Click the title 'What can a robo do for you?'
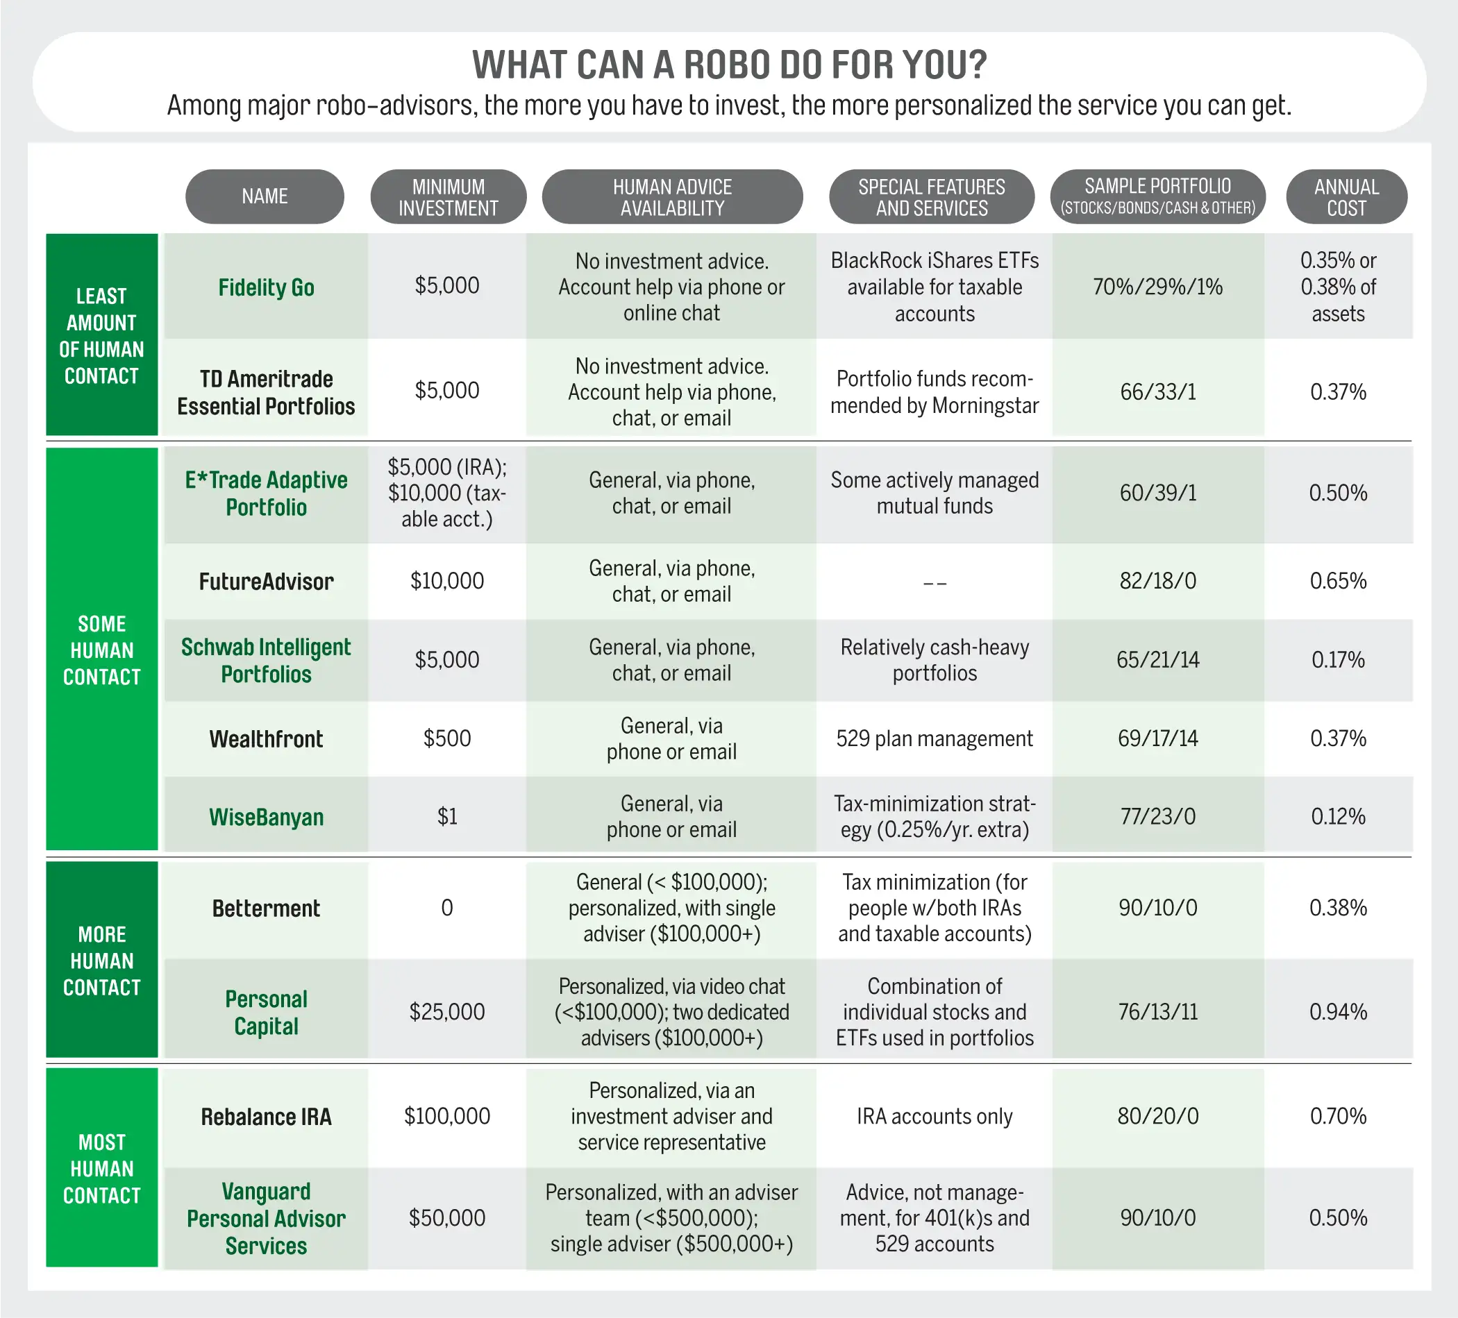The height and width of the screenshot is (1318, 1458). pos(729,65)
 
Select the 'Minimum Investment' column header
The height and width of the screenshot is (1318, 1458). pos(448,196)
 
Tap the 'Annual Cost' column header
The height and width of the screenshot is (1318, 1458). pos(1346,196)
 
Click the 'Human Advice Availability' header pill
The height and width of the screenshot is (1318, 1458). pos(672,196)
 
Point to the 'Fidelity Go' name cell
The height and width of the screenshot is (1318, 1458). pos(266,287)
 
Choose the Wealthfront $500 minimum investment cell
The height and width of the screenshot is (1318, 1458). pos(447,738)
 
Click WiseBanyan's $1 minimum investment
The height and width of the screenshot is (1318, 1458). pos(447,816)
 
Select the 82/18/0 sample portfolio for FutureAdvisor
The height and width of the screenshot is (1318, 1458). pos(1157,580)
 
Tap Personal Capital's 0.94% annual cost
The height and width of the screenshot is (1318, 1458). pos(1338,1011)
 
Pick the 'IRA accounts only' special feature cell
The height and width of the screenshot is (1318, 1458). pos(935,1116)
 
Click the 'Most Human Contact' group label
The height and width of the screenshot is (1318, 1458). pos(102,1168)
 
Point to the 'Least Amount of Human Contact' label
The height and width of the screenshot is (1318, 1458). pos(102,335)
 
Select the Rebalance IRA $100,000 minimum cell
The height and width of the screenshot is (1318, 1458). pos(447,1116)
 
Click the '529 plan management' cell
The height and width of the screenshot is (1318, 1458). pos(935,738)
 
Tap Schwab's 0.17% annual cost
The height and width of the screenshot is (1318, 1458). pos(1338,659)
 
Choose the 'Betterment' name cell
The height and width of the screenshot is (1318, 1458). pos(266,908)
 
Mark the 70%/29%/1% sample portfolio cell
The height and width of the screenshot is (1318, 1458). pos(1157,287)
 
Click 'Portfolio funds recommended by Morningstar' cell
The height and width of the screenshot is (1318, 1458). pos(935,392)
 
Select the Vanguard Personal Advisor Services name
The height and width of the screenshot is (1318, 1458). pos(266,1218)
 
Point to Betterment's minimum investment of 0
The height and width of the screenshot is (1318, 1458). pos(447,908)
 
